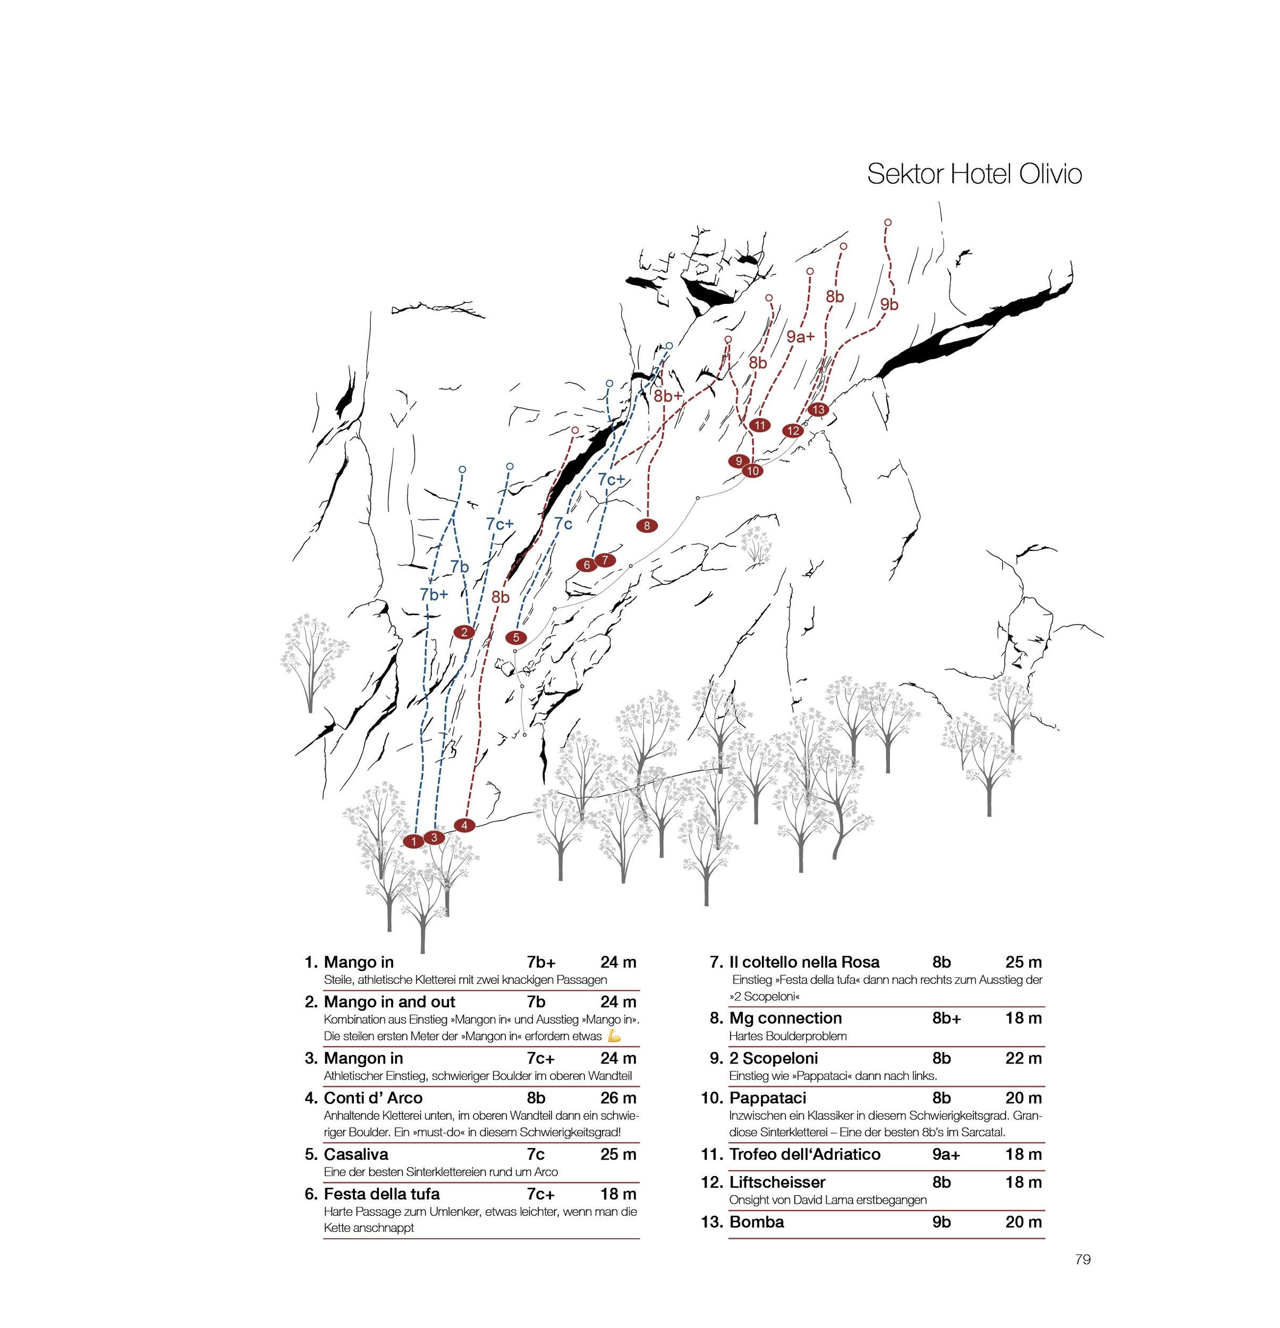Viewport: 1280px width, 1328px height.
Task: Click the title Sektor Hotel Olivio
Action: [974, 174]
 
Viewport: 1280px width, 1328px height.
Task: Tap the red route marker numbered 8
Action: [647, 525]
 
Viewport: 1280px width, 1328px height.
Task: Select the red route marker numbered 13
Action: [818, 409]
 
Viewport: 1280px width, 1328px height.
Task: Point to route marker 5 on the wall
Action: [515, 637]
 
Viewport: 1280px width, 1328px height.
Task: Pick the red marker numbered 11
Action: [760, 425]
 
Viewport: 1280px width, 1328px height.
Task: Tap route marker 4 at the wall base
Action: [464, 824]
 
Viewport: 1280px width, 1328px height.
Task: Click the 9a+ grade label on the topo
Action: [800, 336]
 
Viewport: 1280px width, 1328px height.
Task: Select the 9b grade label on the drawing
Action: [889, 305]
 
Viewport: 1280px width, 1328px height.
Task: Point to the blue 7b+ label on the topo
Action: [434, 594]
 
